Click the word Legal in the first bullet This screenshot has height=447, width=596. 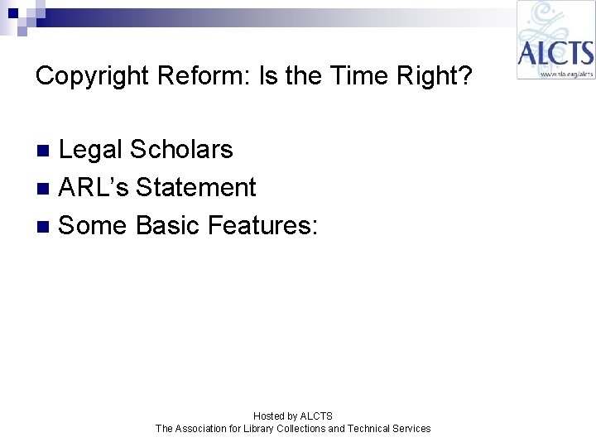coord(91,150)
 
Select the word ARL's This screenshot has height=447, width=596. coord(94,188)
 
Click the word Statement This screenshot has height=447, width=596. coord(196,188)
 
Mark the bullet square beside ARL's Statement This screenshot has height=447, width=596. coord(46,189)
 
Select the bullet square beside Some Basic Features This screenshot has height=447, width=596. coord(46,226)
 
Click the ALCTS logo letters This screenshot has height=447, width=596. coord(555,54)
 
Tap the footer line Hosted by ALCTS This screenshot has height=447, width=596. coord(293,416)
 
